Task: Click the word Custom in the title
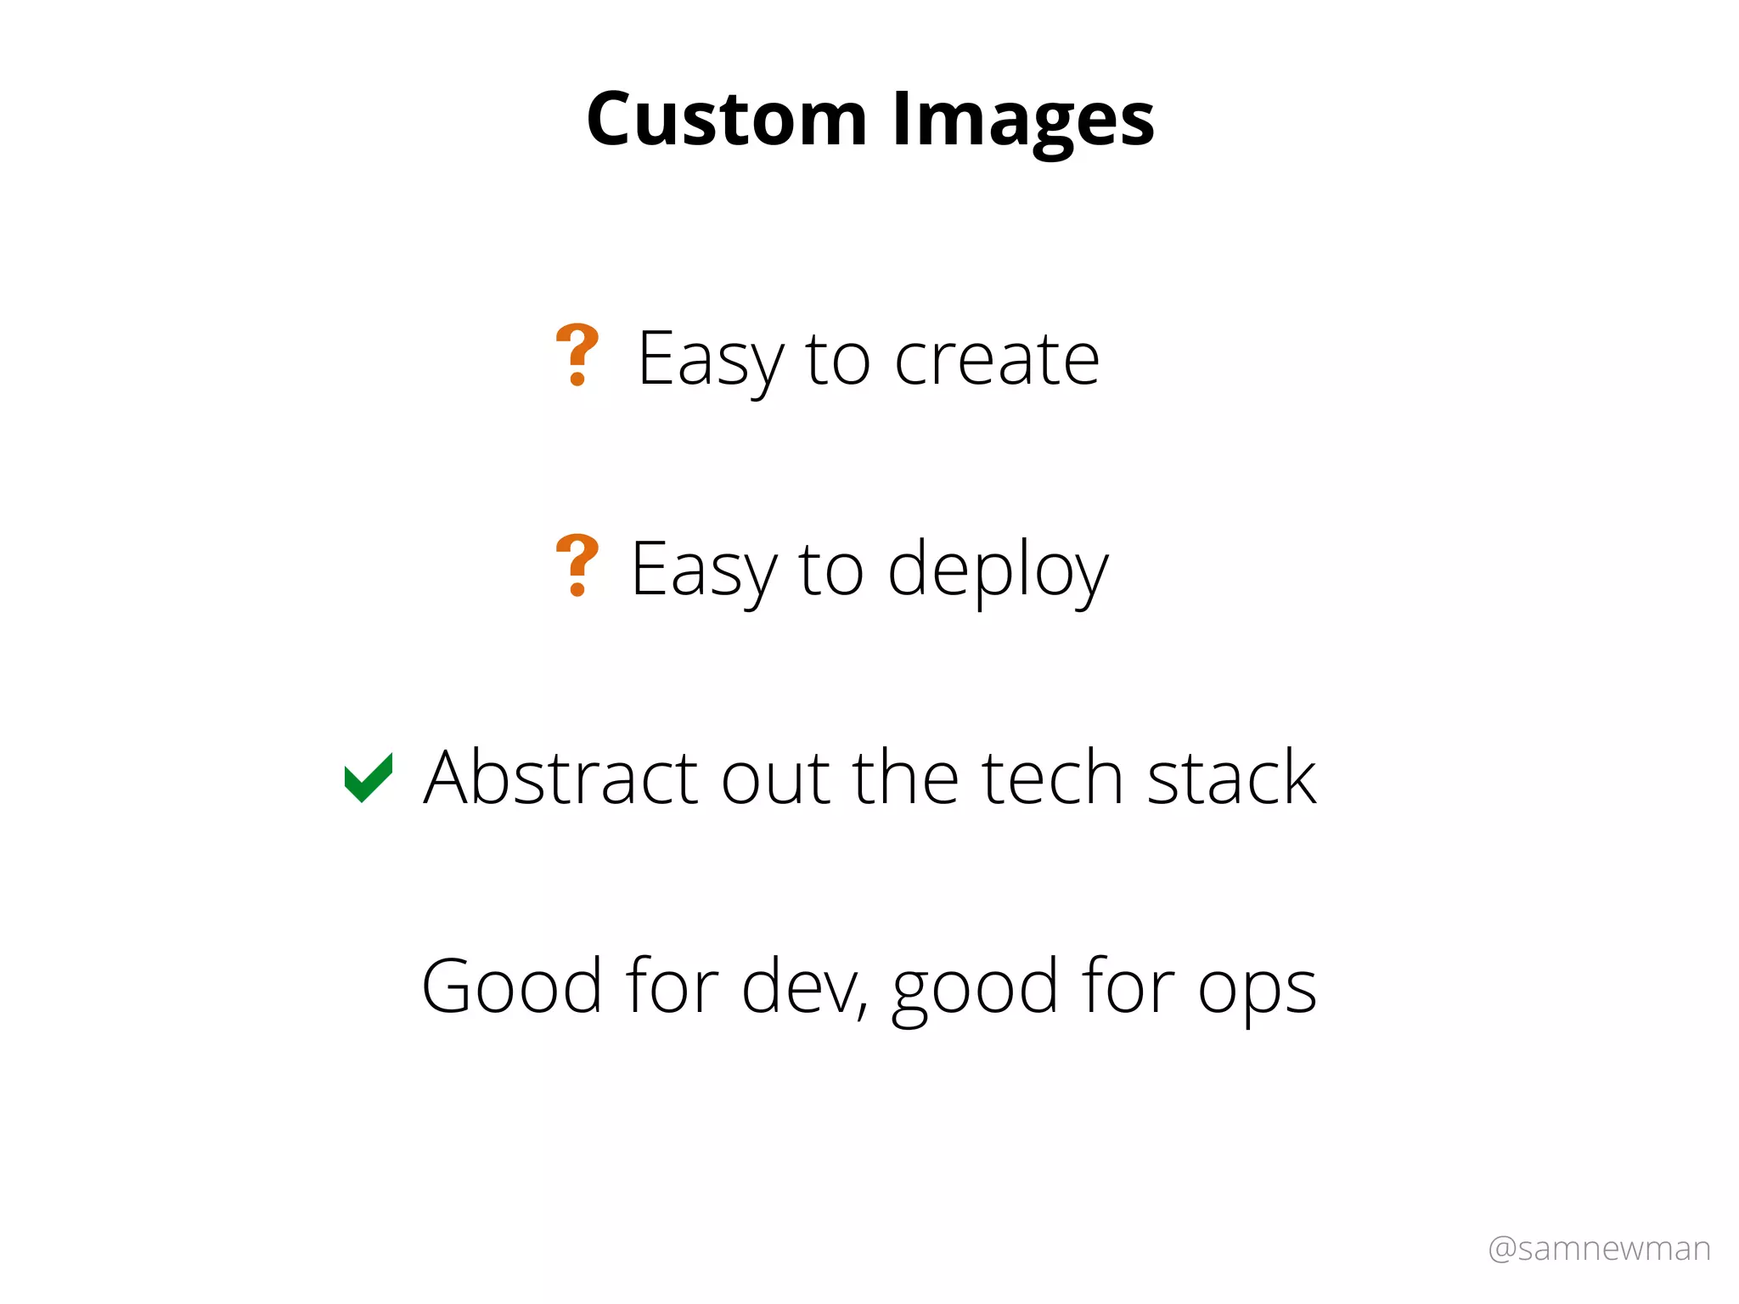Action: pos(726,119)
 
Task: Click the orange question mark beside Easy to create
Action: pos(577,355)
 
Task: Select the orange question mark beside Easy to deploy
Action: pos(577,565)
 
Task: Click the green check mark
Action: pos(369,777)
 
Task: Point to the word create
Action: pos(997,360)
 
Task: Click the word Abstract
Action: pos(560,778)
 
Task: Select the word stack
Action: pos(1231,778)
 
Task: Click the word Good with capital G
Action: pos(512,986)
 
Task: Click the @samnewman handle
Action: pos(1599,1249)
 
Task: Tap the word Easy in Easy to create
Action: pos(710,360)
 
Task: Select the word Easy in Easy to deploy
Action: pos(703,570)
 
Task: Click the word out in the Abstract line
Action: pos(775,779)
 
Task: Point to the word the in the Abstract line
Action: pos(906,778)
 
